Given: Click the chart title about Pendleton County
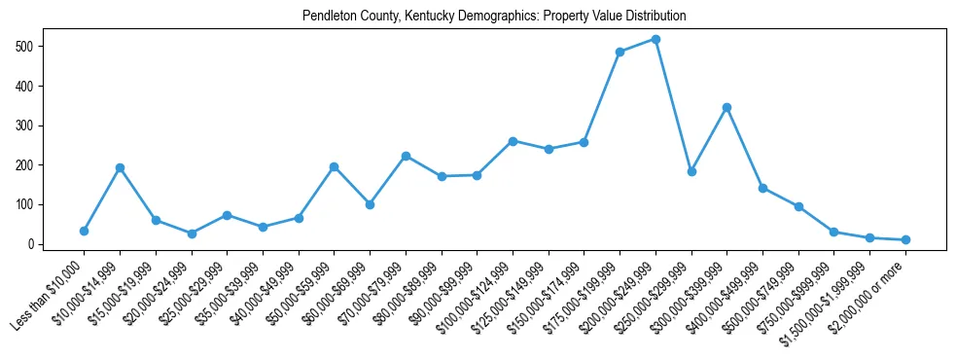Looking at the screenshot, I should coord(494,16).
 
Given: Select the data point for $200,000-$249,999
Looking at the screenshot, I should coord(655,39).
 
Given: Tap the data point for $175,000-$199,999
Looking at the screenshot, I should coord(620,52).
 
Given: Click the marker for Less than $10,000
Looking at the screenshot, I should coord(84,231).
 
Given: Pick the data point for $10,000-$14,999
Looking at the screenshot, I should coord(120,167).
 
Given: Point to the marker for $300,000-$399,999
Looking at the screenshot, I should coord(726,107).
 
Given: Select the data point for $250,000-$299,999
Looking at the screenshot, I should coord(691,171).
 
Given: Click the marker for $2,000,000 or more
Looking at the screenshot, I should coord(905,239).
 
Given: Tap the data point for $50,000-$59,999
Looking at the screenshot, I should coord(334,166).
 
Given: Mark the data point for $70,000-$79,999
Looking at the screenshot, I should coord(406,156).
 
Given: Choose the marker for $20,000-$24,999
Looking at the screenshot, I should coord(192,234).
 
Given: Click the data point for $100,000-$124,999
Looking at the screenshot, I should coord(513,141).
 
